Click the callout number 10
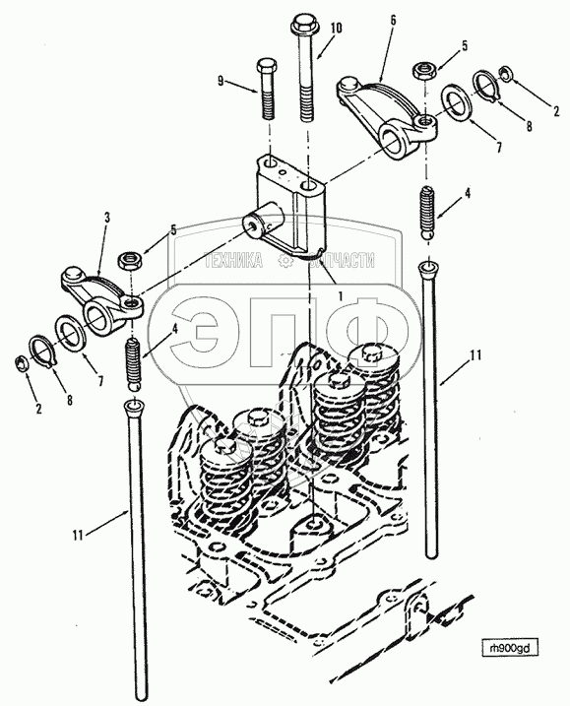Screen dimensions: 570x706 pyautogui.click(x=336, y=28)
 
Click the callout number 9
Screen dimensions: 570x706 pyautogui.click(x=221, y=81)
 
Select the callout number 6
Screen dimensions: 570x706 pyautogui.click(x=393, y=21)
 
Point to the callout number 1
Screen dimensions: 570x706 pyautogui.click(x=341, y=296)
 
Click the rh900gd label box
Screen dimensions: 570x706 pyautogui.click(x=510, y=648)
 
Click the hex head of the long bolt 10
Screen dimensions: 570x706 pyautogui.click(x=303, y=24)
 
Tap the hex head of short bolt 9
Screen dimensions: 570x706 pyautogui.click(x=266, y=67)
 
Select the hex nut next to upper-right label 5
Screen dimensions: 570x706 pyautogui.click(x=423, y=71)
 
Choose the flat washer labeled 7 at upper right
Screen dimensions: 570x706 pyautogui.click(x=456, y=103)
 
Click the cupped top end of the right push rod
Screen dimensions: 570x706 pyautogui.click(x=429, y=270)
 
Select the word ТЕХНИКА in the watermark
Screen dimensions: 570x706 pyautogui.click(x=234, y=260)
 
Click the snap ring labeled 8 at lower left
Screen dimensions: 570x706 pyautogui.click(x=42, y=352)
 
